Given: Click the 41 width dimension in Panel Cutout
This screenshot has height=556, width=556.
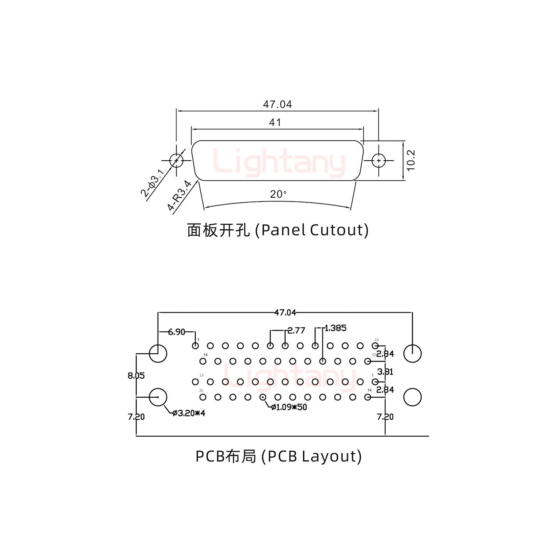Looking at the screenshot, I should (x=275, y=122).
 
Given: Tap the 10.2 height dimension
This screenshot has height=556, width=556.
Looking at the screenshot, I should (x=411, y=160).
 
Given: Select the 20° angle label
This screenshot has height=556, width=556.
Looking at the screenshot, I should (x=278, y=194).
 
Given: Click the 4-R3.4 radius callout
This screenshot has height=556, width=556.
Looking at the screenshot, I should (x=179, y=195).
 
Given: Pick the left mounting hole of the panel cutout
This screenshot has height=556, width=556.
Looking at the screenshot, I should (x=176, y=160).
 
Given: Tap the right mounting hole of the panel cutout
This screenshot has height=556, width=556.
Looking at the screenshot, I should (x=379, y=160).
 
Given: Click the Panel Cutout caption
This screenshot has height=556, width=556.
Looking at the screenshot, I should (x=278, y=230).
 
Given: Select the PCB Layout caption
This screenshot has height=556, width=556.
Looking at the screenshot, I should (x=278, y=456).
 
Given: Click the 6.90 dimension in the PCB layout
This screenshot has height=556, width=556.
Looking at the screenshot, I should (x=176, y=332).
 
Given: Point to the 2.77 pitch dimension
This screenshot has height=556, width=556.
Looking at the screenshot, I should (x=296, y=331).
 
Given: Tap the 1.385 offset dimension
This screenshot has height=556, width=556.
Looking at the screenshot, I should (x=335, y=328).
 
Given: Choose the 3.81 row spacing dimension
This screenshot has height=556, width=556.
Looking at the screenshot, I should (x=385, y=372).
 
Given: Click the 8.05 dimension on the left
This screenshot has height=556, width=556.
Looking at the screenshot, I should (x=136, y=375).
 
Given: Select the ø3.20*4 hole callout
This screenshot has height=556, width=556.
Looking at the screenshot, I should (x=189, y=414).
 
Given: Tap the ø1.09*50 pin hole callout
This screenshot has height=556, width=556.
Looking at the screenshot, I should (x=289, y=407).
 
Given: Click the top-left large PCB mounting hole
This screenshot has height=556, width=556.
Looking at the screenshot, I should (x=158, y=353).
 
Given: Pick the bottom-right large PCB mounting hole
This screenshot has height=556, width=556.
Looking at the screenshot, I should (x=412, y=397).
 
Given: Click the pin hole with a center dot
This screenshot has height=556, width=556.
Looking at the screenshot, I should (x=263, y=397).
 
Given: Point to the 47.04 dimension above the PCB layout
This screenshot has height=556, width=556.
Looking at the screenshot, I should (x=285, y=312).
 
